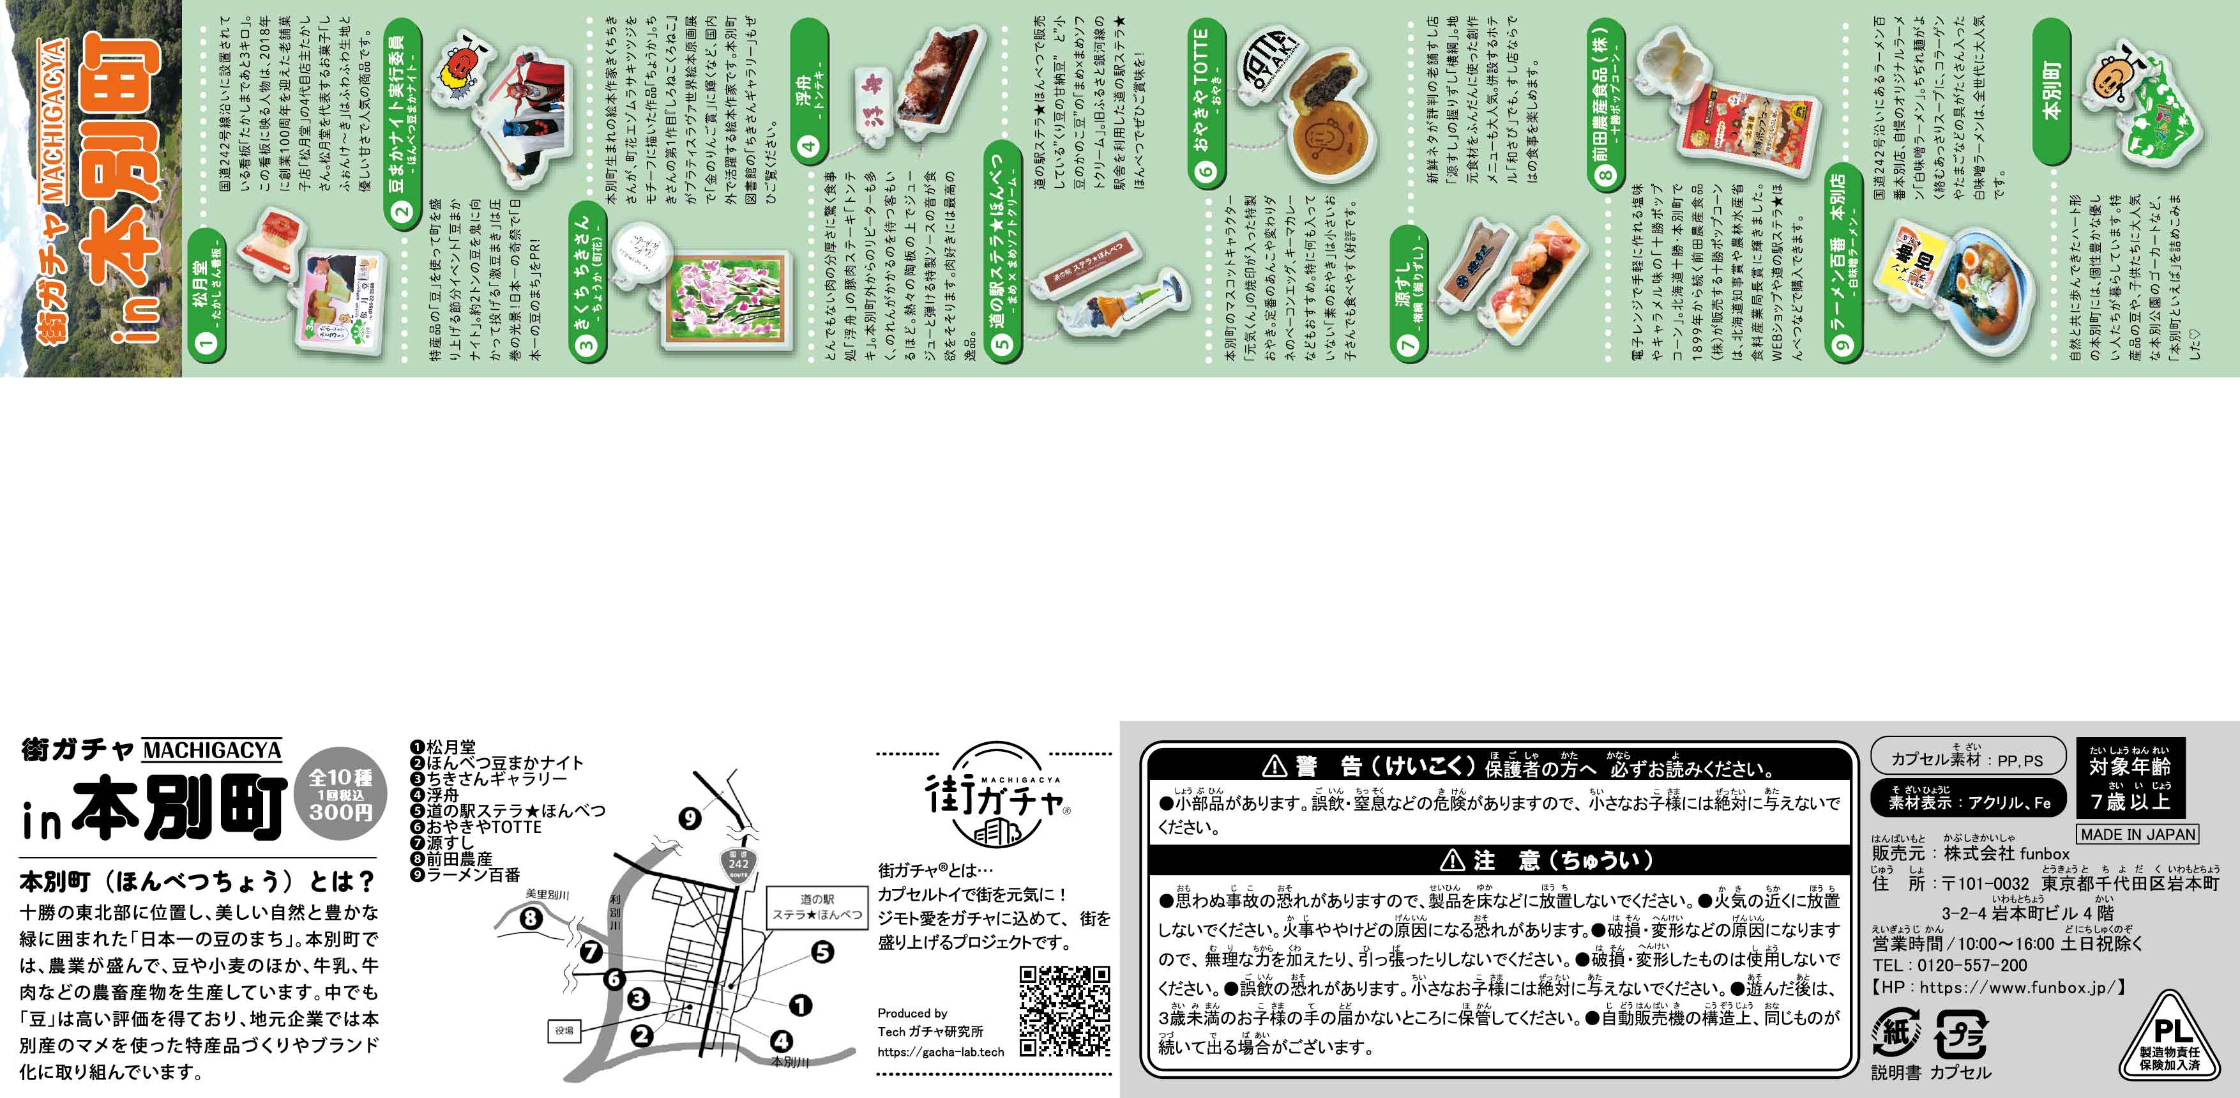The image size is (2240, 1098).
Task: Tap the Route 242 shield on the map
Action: (x=738, y=865)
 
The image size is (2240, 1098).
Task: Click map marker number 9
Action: (x=690, y=818)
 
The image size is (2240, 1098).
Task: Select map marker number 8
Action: (x=531, y=918)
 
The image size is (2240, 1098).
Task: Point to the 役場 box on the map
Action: (x=563, y=1030)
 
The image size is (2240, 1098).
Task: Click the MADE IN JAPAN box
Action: (x=2137, y=834)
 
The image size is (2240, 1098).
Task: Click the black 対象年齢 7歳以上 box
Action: (x=2130, y=777)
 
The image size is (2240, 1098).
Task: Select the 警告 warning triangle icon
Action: (x=1274, y=766)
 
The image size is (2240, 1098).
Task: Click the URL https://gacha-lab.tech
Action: (x=940, y=1052)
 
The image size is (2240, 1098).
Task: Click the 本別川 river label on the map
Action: (x=790, y=1062)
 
